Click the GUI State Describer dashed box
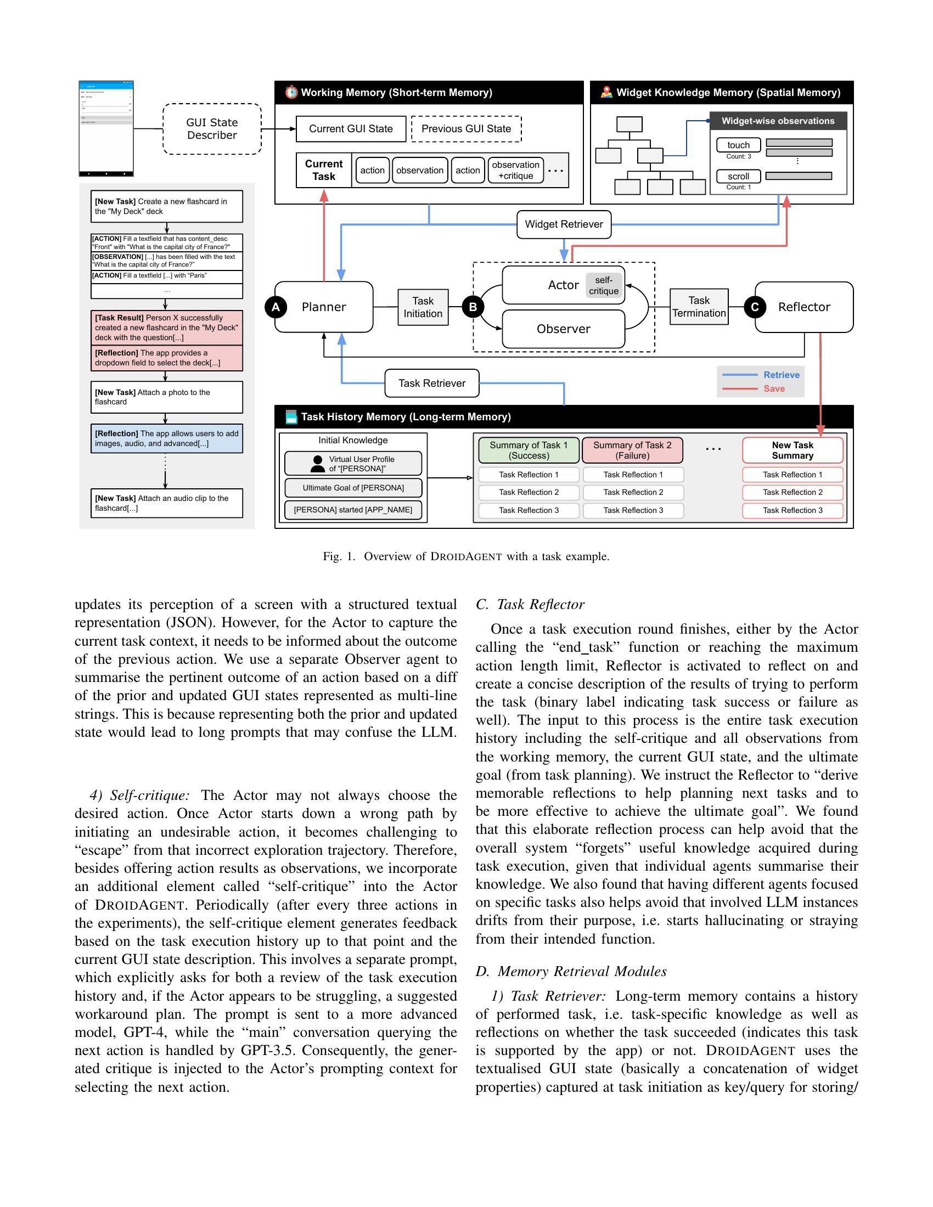(212, 129)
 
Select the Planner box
(324, 307)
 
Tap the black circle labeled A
(276, 307)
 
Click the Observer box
(563, 329)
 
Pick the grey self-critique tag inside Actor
(604, 286)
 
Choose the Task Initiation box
(423, 307)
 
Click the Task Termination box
(699, 307)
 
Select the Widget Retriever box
(564, 224)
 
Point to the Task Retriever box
(432, 383)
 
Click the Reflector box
(803, 307)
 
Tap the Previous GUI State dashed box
(466, 129)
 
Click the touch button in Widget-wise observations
(738, 145)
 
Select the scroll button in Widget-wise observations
(738, 176)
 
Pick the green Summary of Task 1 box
(529, 450)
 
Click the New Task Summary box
(792, 450)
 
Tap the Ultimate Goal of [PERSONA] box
(353, 487)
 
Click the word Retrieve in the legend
(781, 375)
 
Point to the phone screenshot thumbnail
(106, 128)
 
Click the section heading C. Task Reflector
(530, 604)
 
